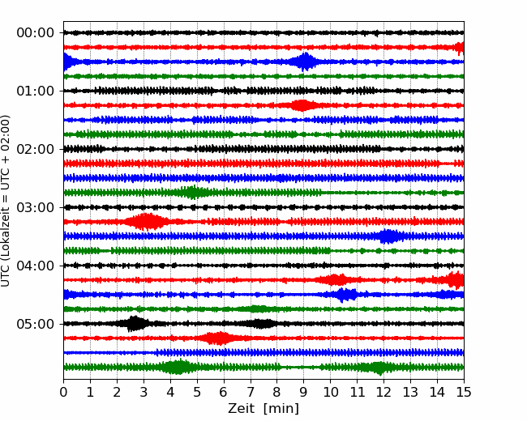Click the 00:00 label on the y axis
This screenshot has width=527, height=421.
(35, 33)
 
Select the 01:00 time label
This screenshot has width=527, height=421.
(35, 91)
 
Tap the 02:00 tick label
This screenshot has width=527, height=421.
(35, 150)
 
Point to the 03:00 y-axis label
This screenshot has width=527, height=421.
(35, 208)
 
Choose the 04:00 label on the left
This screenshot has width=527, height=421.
(35, 266)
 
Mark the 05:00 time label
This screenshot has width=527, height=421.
(35, 325)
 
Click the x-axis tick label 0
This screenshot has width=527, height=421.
(64, 393)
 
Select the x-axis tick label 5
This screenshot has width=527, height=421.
(197, 393)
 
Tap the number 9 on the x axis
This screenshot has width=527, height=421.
(304, 393)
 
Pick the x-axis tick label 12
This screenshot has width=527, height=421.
(383, 393)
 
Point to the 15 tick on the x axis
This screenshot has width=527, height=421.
(464, 393)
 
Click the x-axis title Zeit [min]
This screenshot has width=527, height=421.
(263, 409)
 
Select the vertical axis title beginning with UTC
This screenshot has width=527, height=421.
(7, 201)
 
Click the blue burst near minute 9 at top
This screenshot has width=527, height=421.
(305, 62)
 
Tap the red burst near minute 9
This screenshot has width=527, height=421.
(303, 105)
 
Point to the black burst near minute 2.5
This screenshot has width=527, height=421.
(135, 324)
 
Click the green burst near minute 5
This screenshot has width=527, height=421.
(193, 192)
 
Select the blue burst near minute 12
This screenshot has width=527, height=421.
(390, 236)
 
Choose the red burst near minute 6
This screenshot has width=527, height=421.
(217, 338)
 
